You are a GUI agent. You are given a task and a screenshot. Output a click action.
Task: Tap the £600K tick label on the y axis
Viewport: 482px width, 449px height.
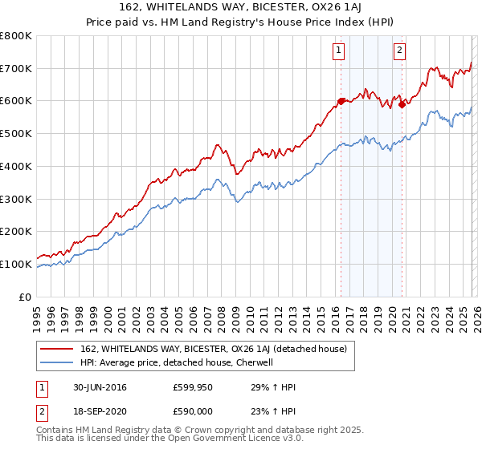(16, 101)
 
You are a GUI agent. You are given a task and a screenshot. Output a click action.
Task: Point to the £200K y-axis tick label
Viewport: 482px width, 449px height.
(16, 231)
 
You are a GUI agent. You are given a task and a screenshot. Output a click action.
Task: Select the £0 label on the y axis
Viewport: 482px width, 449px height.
(24, 297)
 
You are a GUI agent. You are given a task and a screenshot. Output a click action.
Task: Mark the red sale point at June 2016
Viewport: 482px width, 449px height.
(341, 101)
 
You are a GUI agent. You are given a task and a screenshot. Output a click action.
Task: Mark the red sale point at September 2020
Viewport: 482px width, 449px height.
(402, 103)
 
